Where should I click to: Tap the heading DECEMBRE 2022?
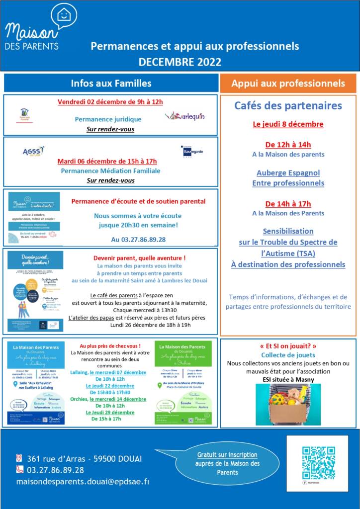point(180,62)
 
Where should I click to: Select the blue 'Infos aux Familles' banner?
point(111,83)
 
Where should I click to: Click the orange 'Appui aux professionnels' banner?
point(288,83)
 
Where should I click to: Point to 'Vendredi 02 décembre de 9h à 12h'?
point(110,102)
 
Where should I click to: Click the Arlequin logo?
point(185,116)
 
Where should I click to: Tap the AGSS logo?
point(33,151)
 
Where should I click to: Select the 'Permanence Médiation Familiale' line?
point(110,170)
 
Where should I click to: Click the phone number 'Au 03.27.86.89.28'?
point(138,239)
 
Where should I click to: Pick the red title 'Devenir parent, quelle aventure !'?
point(139,258)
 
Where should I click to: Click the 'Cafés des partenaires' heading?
point(288,105)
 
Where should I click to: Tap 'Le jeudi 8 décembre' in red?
point(288,124)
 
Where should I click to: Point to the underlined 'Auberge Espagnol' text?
point(288,173)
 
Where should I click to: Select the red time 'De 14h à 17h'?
point(288,204)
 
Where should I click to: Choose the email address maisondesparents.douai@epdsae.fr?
point(83,482)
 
